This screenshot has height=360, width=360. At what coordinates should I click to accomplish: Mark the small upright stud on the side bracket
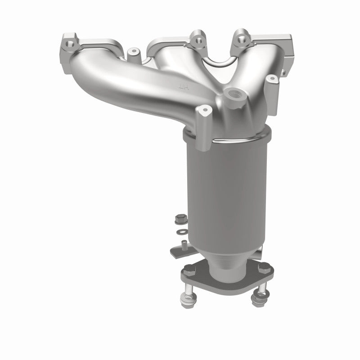tap(184, 244)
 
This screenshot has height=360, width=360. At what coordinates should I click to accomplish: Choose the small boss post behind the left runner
tap(134, 58)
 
